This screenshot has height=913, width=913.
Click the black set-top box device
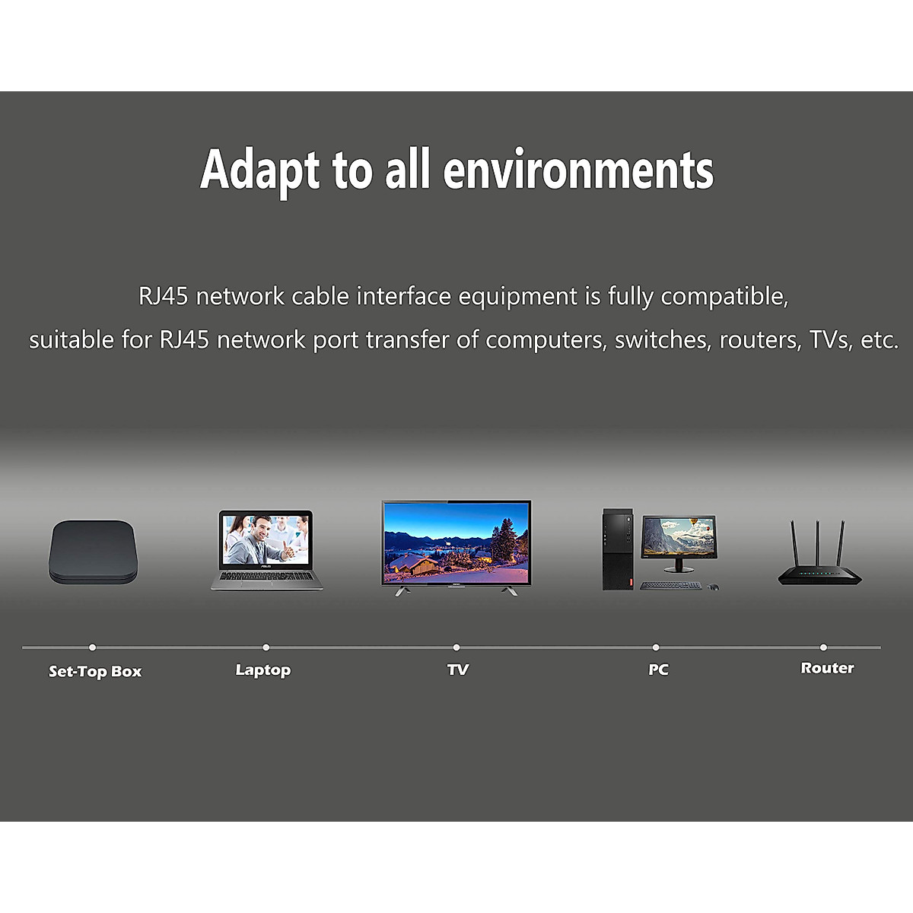93,552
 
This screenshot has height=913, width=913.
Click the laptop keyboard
267,576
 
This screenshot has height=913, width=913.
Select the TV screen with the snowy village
456,542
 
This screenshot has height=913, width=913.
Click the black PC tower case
617,549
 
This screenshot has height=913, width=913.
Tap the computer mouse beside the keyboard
713,587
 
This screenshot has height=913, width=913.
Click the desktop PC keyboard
670,586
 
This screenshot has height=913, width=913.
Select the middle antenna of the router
817,543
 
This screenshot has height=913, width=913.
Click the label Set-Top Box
95,671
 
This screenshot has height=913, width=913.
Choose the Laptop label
263,670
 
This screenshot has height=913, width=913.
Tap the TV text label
458,670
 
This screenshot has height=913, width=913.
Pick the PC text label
658,670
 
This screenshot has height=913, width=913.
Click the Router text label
827,668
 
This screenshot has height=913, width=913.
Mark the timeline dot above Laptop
266,647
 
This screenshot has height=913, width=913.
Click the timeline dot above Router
823,647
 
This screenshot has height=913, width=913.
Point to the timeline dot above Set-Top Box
92,647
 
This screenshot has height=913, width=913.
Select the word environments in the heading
578,170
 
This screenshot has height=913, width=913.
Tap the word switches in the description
663,339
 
